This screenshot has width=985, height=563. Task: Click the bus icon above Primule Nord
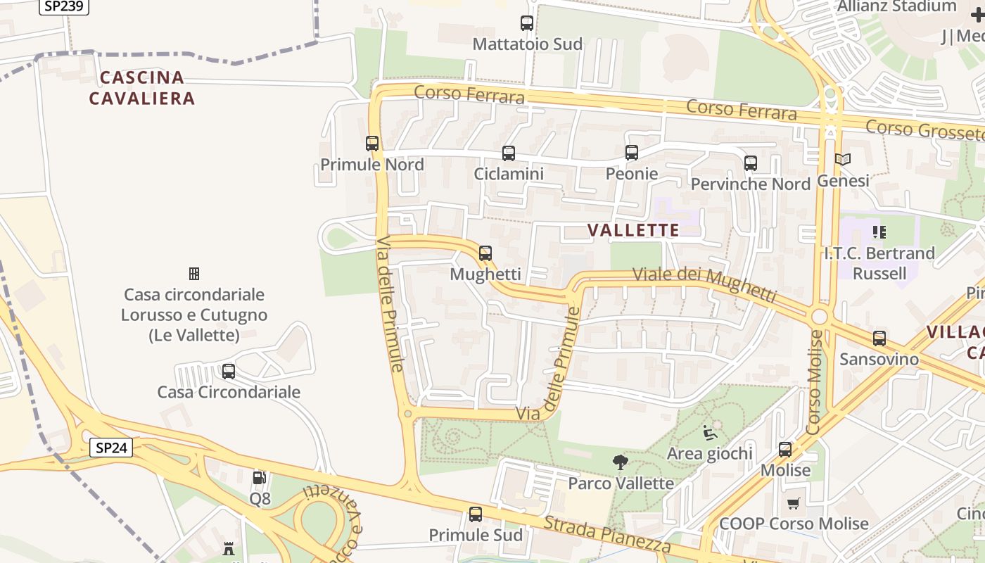click(372, 144)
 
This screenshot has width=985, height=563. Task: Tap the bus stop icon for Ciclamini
click(509, 153)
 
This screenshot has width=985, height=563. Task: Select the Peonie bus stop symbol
click(632, 152)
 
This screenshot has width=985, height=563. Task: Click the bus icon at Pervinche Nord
click(751, 163)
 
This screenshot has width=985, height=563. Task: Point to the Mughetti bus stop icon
click(485, 253)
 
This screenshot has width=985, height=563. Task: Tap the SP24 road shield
click(111, 447)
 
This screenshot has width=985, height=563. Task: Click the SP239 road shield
click(63, 6)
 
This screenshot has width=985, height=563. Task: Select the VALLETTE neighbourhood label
click(633, 230)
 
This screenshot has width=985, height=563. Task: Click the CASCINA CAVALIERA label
click(142, 88)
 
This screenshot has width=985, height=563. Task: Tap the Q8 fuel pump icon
click(260, 478)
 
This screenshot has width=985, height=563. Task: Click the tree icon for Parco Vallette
click(621, 462)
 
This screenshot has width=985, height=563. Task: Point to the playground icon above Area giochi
click(710, 432)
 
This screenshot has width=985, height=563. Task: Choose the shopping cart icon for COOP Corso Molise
click(794, 503)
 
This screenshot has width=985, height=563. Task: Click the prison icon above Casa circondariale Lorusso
click(194, 273)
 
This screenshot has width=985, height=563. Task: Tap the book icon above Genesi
click(843, 160)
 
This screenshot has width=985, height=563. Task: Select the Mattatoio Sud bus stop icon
click(527, 23)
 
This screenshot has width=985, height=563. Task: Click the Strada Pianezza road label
click(607, 535)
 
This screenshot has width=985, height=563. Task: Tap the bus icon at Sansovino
click(879, 339)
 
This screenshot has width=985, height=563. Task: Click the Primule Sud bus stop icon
click(476, 514)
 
